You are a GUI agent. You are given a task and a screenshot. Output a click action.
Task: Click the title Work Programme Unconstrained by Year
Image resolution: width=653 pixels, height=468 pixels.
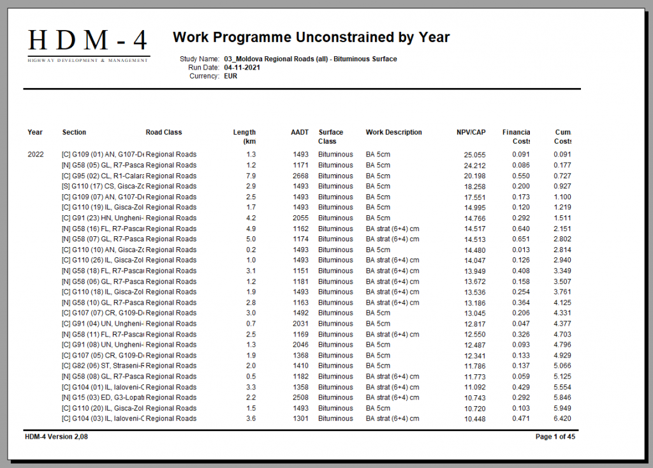311,37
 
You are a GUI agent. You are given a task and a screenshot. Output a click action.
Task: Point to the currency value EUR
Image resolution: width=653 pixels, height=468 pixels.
231,76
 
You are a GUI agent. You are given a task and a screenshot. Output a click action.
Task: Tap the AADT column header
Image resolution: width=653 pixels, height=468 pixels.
300,132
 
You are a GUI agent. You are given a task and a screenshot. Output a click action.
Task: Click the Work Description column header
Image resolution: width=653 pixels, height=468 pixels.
393,132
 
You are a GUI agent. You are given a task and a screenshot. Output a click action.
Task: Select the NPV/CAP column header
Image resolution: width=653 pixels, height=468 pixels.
471,132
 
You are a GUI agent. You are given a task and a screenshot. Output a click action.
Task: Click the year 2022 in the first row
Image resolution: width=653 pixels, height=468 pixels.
36,155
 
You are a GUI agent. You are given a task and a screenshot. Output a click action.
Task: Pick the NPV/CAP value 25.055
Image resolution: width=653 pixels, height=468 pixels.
474,155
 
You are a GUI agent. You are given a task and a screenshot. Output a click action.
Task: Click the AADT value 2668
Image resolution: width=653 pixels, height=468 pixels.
300,176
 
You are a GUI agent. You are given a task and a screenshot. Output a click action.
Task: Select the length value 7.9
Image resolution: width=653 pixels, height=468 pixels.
251,176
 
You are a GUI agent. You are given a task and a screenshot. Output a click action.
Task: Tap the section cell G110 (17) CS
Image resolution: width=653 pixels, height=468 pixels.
103,186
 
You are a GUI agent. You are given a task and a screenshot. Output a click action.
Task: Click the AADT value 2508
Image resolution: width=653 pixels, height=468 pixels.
300,398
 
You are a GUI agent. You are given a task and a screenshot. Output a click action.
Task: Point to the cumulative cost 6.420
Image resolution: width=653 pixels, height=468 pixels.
561,419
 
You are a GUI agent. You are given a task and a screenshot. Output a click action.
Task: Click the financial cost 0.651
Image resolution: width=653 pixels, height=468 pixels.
520,239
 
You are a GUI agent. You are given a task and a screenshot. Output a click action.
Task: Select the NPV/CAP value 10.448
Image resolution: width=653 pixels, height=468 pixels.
474,419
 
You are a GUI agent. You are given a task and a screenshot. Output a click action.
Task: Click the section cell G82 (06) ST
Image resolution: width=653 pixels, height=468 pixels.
103,366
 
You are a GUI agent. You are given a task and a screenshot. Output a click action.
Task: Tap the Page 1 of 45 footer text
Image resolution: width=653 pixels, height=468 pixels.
555,437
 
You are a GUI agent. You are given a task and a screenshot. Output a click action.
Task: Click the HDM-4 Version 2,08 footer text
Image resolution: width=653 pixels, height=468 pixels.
57,437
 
